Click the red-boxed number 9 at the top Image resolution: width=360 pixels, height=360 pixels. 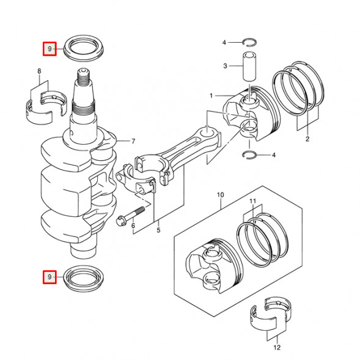coord(50,49)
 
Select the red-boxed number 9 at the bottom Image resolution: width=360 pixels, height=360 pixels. coord(50,277)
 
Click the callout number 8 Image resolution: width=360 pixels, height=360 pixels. coord(40,72)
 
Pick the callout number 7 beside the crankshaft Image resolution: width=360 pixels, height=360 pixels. coord(133,141)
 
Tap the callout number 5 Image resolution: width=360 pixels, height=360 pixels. coord(158,230)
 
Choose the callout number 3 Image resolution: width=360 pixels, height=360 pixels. coord(225,65)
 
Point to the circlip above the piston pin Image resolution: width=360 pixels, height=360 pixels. coord(249,42)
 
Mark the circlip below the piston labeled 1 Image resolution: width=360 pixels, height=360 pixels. coord(249,155)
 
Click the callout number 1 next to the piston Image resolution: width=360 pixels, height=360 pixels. coord(211,96)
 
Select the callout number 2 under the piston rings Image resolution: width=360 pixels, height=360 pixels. coord(307,139)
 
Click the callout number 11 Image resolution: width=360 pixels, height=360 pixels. coord(252,201)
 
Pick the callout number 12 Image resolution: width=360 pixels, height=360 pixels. coord(277,348)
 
